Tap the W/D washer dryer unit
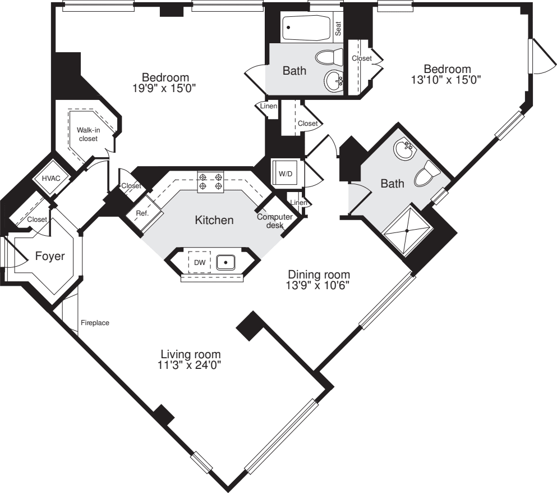click(286, 174)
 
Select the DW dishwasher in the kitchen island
click(199, 262)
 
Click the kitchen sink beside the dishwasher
click(225, 262)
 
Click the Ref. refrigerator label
click(142, 213)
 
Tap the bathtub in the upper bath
click(307, 27)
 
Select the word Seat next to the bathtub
click(338, 29)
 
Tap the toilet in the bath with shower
click(427, 174)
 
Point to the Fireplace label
click(95, 323)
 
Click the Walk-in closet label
click(88, 134)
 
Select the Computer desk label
click(275, 221)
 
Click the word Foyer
click(50, 256)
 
